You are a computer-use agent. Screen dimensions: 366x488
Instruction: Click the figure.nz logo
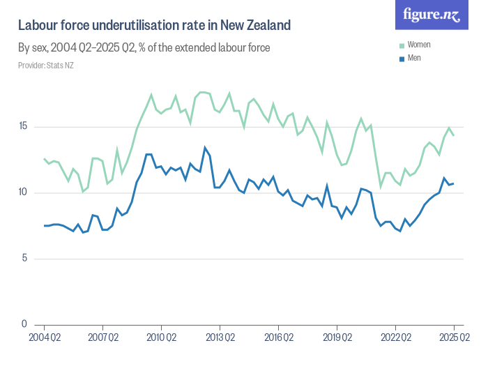click(x=432, y=15)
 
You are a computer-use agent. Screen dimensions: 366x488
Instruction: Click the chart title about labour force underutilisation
click(x=154, y=26)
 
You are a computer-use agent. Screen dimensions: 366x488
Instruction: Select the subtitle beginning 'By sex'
click(x=144, y=48)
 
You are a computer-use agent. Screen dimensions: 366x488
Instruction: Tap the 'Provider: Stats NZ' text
click(x=45, y=66)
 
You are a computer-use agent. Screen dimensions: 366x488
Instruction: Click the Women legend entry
click(x=418, y=45)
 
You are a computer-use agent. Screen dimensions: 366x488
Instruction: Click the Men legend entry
click(x=414, y=58)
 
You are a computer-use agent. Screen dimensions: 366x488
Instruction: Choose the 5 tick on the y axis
click(x=25, y=259)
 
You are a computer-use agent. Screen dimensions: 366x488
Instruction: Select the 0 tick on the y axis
click(x=25, y=324)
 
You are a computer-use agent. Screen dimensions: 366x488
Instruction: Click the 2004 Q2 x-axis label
click(x=45, y=337)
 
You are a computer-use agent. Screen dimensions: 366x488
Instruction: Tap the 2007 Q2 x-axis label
click(x=102, y=337)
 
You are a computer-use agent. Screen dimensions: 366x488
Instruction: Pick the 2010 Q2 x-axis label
click(x=161, y=337)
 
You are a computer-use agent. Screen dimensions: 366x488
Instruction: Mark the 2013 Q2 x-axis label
click(x=220, y=337)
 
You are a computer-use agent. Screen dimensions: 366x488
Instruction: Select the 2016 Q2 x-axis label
click(x=278, y=337)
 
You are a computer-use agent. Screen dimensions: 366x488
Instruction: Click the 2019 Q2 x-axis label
click(x=337, y=337)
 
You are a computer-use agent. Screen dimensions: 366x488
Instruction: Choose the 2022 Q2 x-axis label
click(x=395, y=337)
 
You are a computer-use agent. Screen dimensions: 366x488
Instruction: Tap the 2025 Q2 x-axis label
click(x=453, y=337)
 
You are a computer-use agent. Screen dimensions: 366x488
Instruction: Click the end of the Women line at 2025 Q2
click(x=454, y=135)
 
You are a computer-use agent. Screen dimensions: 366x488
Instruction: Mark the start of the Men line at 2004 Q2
click(x=45, y=225)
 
